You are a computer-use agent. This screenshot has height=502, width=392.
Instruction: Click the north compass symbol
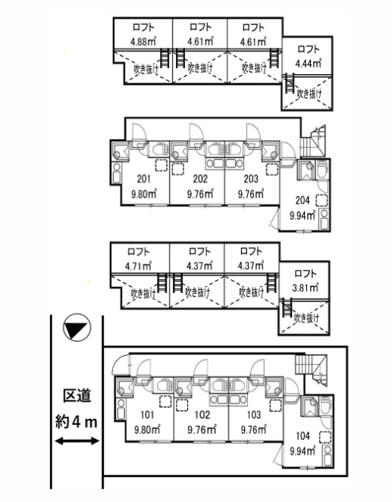[x=77, y=327]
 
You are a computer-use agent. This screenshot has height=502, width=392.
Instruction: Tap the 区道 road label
[x=77, y=395]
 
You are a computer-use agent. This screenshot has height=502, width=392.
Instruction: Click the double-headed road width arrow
[x=77, y=441]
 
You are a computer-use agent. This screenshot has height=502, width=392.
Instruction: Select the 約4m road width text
[x=77, y=422]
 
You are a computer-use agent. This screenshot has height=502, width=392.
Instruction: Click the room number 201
[x=143, y=179]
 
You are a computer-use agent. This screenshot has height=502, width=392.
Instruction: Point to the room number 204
[x=303, y=201]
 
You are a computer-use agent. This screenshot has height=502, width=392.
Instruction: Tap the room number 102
[x=202, y=415]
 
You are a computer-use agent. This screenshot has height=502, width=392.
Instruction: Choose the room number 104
[x=303, y=435]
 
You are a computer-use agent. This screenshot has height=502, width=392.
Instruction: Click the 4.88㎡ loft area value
[x=143, y=42]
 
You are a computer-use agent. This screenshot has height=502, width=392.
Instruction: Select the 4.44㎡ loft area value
[x=308, y=64]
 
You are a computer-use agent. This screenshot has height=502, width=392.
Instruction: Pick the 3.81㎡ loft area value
[x=305, y=288]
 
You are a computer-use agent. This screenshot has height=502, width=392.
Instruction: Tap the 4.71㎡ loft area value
[x=139, y=266]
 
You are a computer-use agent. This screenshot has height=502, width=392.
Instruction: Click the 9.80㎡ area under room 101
[x=147, y=429]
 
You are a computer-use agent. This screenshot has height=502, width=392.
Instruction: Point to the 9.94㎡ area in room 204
[x=303, y=216]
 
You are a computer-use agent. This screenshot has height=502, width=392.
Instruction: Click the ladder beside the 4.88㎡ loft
[x=164, y=58]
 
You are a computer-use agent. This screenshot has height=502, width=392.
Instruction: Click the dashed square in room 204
[x=321, y=201]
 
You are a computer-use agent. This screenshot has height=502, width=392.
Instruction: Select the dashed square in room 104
[x=325, y=437]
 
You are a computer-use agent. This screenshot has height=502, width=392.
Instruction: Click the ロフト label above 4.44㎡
[x=309, y=49]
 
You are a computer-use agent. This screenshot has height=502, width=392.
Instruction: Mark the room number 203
[x=251, y=179]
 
